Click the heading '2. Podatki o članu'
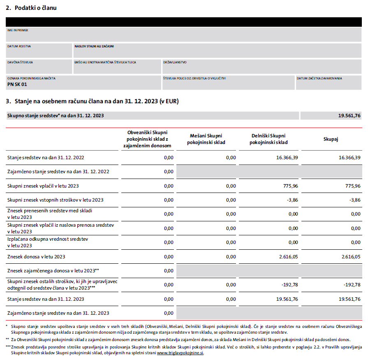pos(31,8)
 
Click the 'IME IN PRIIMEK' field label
pos(18,30)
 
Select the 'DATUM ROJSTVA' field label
pos(19,46)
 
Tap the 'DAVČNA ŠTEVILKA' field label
pos(20,62)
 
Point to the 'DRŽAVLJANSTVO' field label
pos(175,62)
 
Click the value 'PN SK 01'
pos(17,84)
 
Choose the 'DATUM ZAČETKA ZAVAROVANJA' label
pos(319,78)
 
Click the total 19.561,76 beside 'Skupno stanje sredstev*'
pos(349,116)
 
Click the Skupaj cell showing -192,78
pos(352,285)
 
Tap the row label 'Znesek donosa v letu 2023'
pos(36,257)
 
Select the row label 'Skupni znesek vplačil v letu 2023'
pos(43,186)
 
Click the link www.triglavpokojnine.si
pos(180,353)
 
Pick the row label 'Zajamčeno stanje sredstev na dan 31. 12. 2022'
pos(58,172)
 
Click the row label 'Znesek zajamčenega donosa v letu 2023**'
pos(53,271)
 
